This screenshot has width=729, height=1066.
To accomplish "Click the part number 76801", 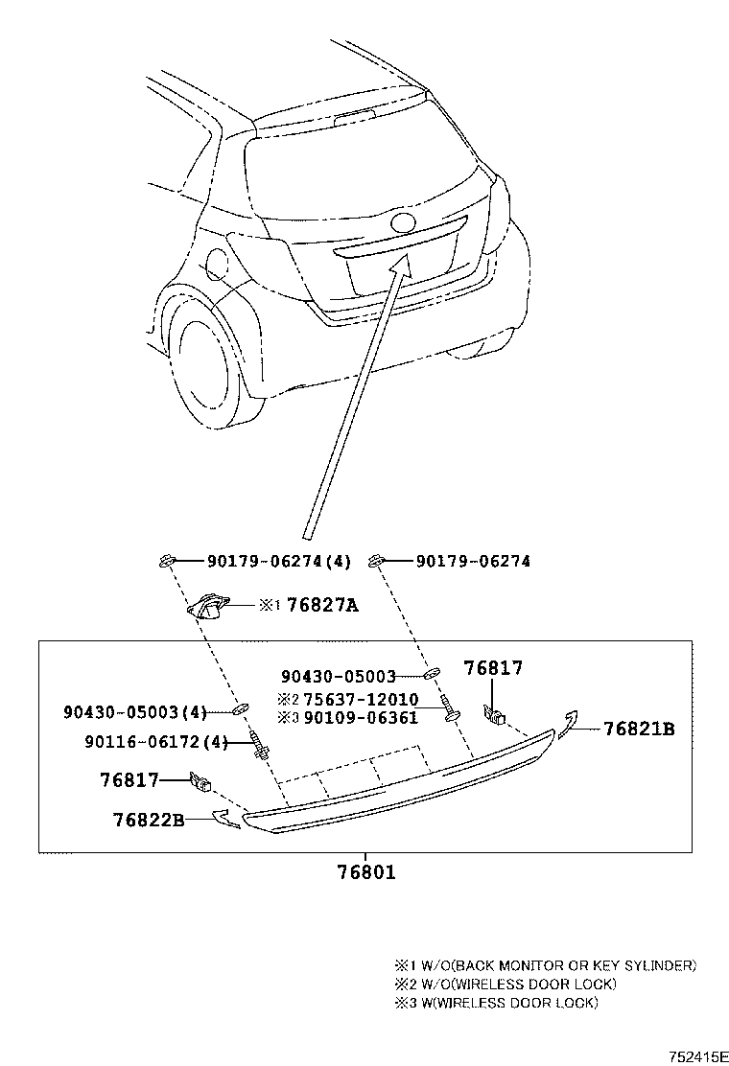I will [365, 872].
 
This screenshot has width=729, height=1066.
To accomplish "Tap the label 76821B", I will [639, 730].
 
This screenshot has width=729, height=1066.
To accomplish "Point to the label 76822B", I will [148, 820].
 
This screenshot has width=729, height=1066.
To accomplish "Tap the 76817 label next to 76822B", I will [129, 780].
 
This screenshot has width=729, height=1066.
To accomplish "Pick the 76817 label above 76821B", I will [493, 668].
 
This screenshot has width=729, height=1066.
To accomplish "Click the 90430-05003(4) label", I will [135, 712].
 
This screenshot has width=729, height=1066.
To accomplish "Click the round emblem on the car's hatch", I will [404, 223].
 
